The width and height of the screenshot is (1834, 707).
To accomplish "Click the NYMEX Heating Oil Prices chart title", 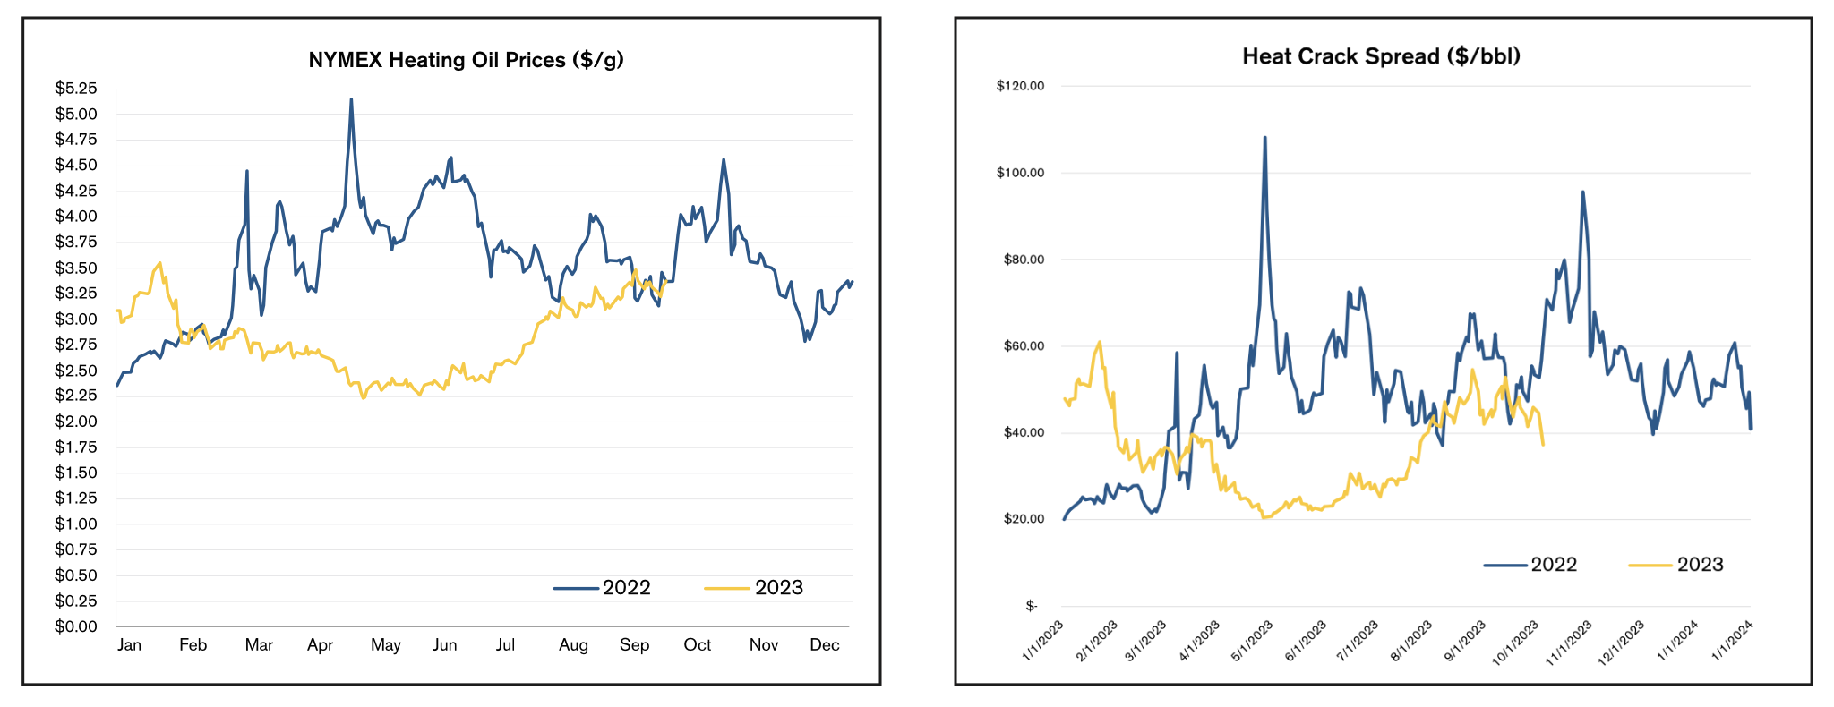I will tap(466, 60).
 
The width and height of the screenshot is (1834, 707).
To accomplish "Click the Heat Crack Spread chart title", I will tap(1381, 56).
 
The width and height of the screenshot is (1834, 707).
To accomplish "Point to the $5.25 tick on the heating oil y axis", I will tap(76, 88).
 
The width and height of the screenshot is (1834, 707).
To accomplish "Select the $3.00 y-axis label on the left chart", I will tap(76, 319).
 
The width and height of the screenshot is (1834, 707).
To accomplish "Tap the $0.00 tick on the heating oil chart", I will tap(76, 626).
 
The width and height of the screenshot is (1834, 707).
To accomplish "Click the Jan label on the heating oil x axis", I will tap(129, 645).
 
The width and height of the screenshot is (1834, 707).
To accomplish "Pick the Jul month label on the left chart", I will tap(505, 645).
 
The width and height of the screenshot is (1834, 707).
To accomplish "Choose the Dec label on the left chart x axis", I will tap(824, 645).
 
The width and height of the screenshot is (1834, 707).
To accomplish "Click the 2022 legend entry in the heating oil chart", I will tap(626, 588).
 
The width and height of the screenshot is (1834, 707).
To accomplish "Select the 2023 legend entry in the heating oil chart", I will tap(778, 588).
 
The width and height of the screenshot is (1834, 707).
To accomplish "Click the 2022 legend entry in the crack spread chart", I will tap(1554, 565).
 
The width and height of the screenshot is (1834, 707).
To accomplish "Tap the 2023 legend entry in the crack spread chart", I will tap(1700, 565).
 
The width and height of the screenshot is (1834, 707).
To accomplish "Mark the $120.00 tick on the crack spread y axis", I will tap(1020, 86).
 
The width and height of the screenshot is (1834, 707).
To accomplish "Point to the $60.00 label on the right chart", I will tap(1024, 346).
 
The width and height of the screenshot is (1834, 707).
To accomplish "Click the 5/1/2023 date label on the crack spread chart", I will tap(1252, 641).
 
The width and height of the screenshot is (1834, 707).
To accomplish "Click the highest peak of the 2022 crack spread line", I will tap(1264, 138).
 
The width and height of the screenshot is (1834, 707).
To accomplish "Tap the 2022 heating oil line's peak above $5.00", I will tap(351, 99).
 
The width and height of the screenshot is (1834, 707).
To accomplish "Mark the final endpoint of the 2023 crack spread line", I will tap(1543, 445).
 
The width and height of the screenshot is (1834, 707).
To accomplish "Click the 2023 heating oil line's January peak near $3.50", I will tap(159, 263).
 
